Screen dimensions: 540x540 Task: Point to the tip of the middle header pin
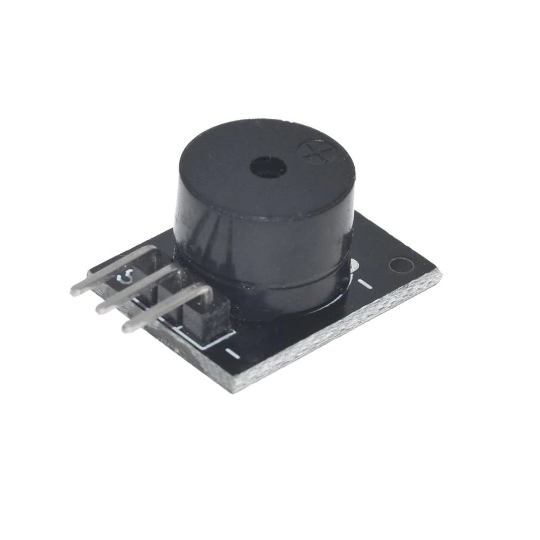(x=101, y=308)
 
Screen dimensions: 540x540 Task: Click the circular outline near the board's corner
(x=400, y=265)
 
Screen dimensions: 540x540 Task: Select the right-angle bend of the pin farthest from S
(x=207, y=292)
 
